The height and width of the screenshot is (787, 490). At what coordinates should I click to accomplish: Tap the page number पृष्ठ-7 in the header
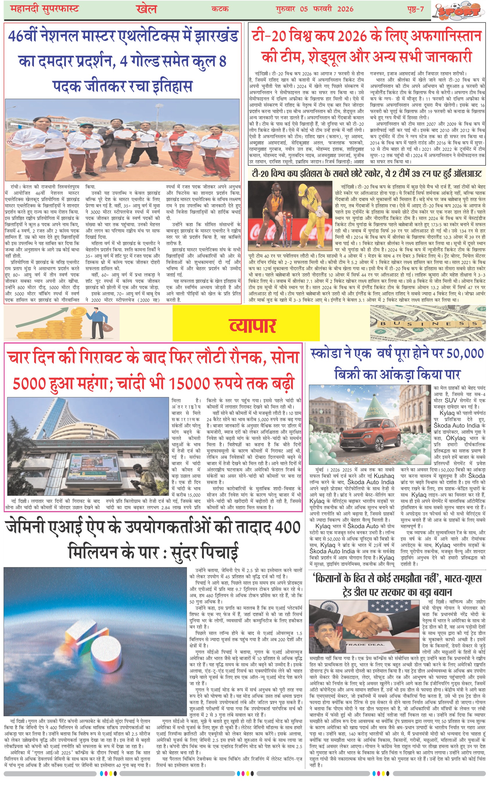click(x=415, y=9)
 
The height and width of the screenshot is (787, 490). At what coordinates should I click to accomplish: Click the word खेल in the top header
click(x=147, y=9)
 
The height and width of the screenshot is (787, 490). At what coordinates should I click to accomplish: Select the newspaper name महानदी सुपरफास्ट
click(x=44, y=9)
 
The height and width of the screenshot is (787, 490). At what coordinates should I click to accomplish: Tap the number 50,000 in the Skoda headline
click(x=465, y=354)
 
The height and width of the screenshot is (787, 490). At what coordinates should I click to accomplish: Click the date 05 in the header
click(x=304, y=9)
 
